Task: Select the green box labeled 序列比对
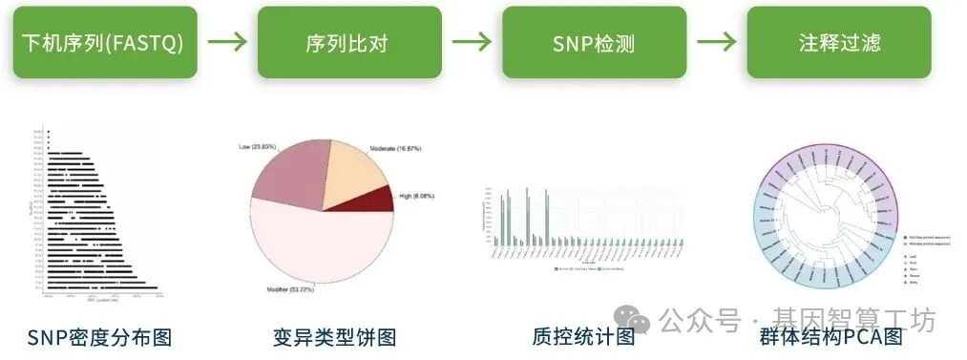tap(349, 43)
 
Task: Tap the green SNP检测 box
tap(594, 43)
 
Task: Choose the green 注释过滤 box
tap(839, 43)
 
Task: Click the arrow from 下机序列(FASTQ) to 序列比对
tap(227, 43)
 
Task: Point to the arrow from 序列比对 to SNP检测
tap(472, 43)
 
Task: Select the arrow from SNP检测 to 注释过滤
tap(716, 43)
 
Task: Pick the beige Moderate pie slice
tap(353, 172)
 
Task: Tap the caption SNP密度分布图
tap(100, 337)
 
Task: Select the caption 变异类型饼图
tap(333, 337)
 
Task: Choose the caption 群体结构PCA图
tap(830, 337)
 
